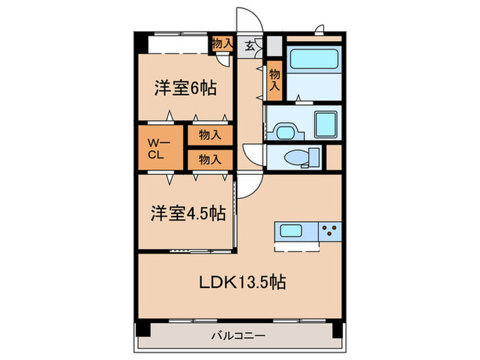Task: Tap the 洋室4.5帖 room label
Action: (188, 213)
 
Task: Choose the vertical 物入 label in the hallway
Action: (274, 80)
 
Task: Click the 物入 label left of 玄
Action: (221, 43)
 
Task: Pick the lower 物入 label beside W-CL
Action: (210, 159)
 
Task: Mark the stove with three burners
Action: (330, 231)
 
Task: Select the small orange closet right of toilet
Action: (334, 156)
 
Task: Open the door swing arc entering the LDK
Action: (250, 184)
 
